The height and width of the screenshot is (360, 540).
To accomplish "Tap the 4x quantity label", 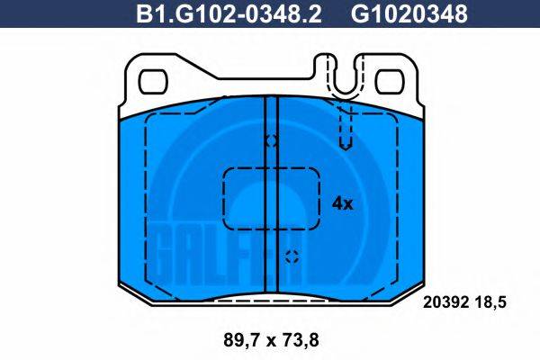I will (342, 202).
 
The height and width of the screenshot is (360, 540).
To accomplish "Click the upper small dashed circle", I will (270, 141).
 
